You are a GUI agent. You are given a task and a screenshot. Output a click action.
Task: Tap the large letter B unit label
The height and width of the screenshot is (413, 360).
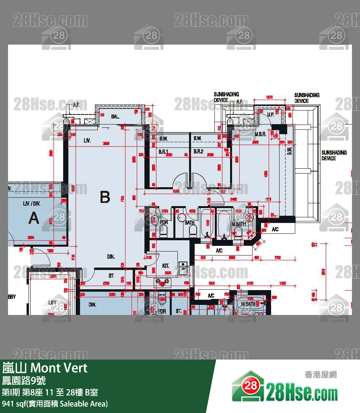point(105,197)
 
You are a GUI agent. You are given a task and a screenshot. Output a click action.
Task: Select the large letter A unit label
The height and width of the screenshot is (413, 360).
point(34,218)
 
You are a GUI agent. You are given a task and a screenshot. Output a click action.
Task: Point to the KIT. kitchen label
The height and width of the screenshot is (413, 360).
point(165,266)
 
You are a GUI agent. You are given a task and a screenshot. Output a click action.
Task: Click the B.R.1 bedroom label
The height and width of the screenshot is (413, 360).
point(163,151)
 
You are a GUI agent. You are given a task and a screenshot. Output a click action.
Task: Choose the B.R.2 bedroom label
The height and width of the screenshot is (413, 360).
point(198,151)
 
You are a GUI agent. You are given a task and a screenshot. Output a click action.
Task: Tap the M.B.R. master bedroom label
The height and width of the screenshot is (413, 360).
point(260,134)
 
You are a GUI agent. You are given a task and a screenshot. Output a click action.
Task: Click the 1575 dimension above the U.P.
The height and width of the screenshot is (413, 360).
point(269,97)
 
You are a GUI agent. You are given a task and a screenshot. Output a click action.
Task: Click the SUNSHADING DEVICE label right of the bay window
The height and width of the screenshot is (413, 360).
point(334,155)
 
